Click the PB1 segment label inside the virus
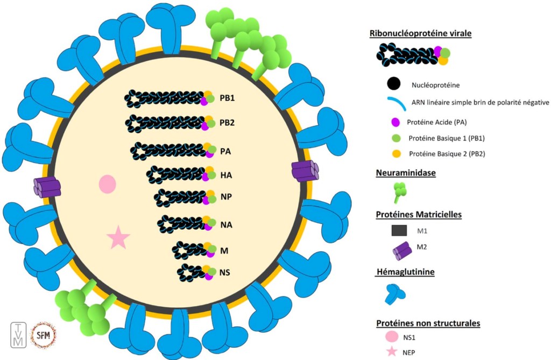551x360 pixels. coord(228,99)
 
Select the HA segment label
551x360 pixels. coord(226,175)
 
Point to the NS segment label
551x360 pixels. coord(225,273)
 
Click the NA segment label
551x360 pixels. coord(226,224)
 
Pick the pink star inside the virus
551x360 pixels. coord(118,237)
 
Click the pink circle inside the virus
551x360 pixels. coord(108,184)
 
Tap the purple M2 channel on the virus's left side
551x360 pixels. coord(47,187)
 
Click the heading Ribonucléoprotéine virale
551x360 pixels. coord(421,33)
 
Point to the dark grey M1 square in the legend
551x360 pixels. coord(399,230)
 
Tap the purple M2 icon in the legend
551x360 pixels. coord(400,249)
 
